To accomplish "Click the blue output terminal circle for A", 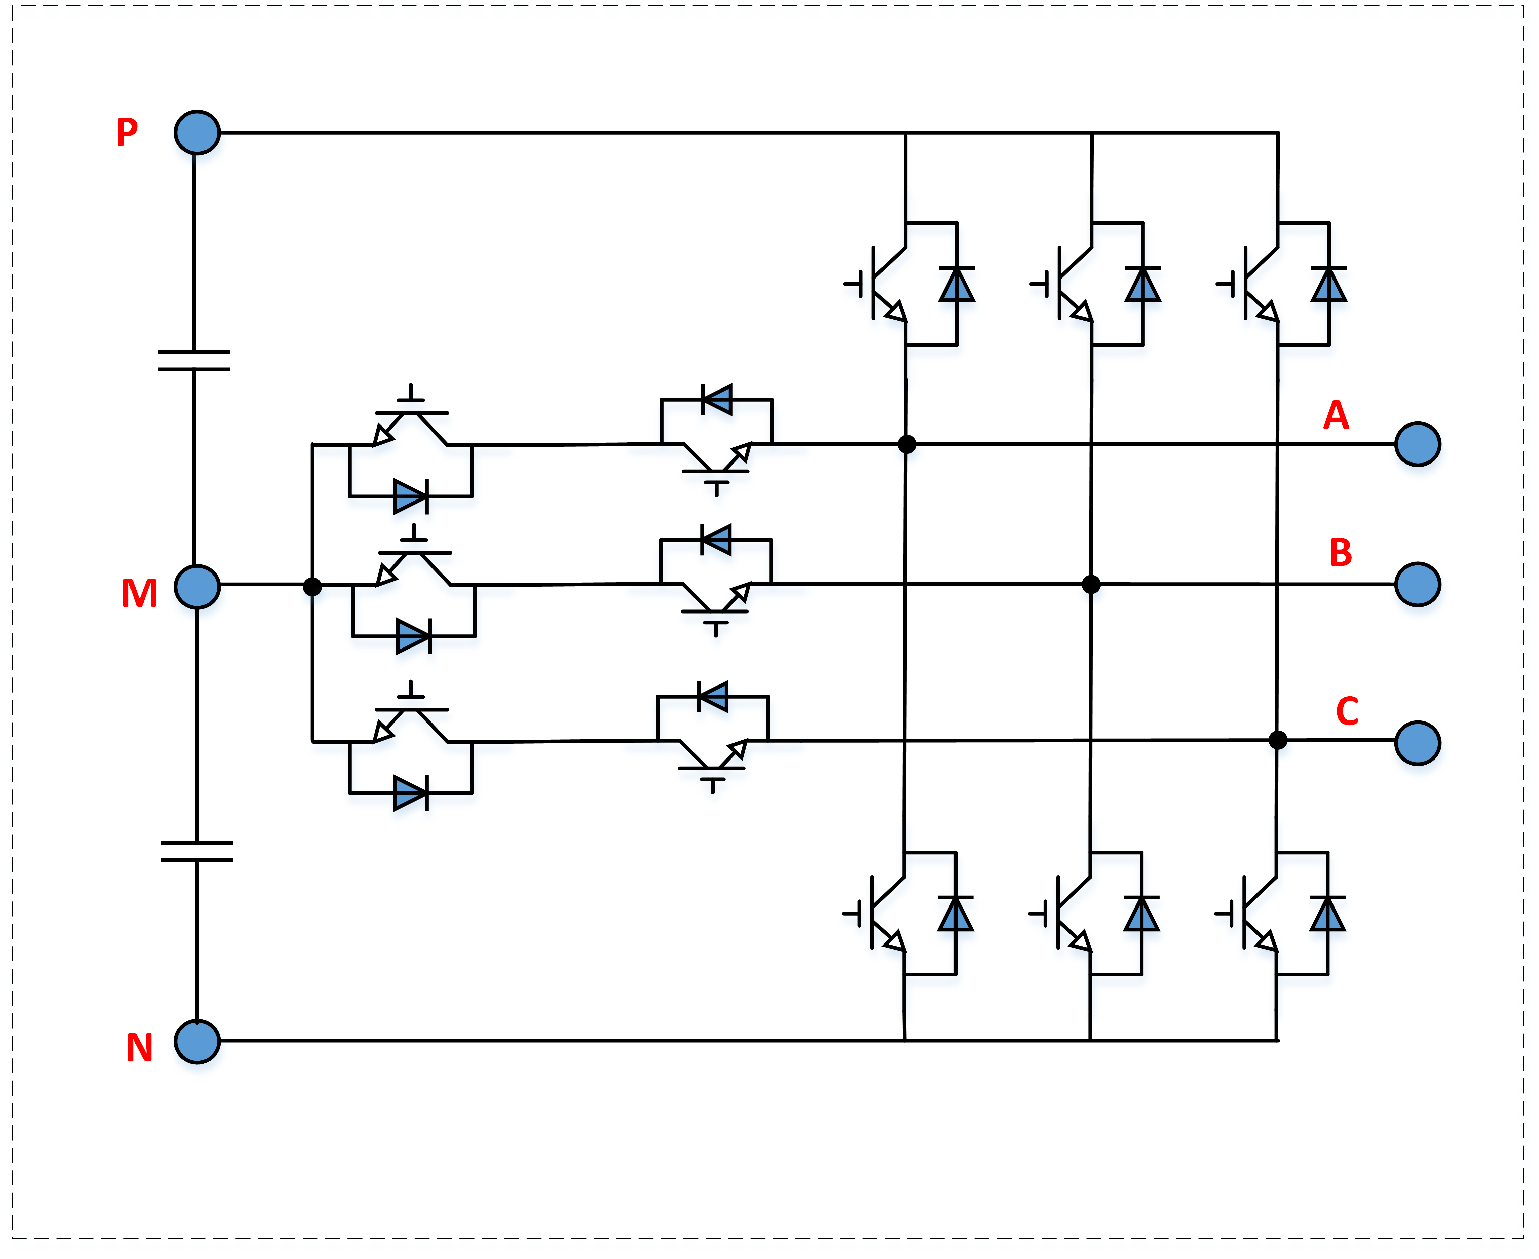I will [1417, 444].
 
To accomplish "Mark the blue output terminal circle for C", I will [1417, 743].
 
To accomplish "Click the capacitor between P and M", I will [194, 361].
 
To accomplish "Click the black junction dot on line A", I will [907, 444].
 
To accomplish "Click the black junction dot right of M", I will [312, 586].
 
